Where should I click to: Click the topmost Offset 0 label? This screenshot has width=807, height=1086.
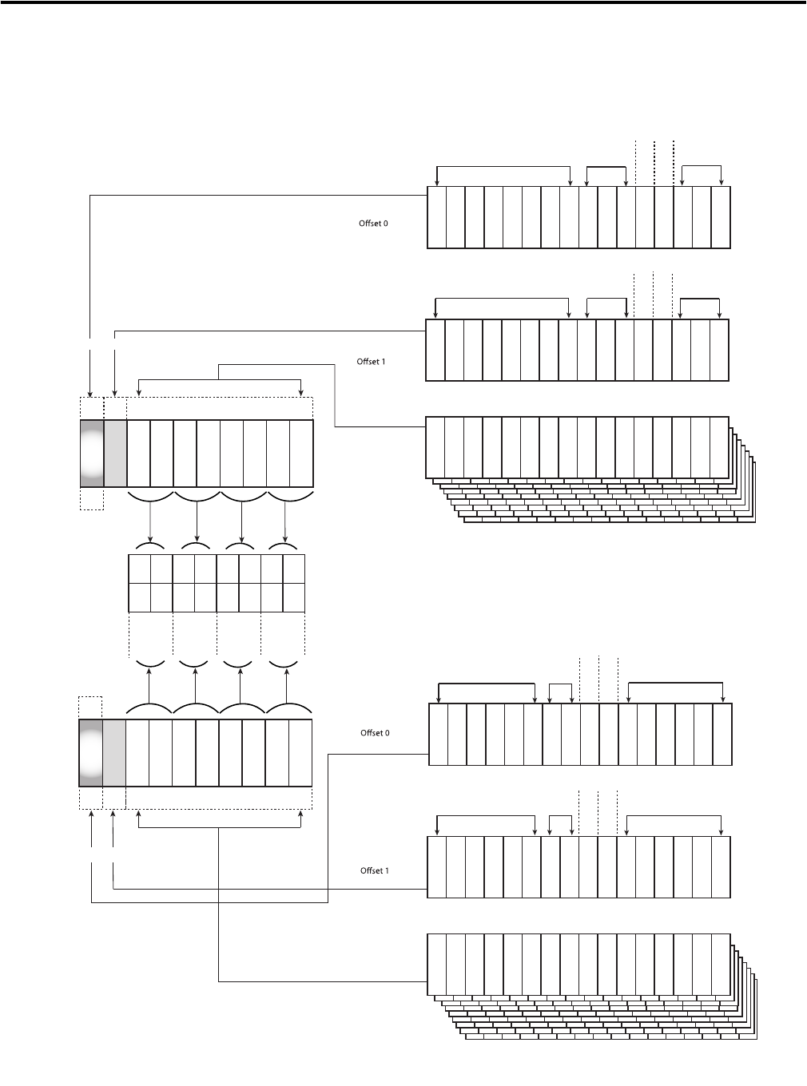(x=373, y=224)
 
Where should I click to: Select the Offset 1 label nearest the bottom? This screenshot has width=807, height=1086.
(x=374, y=870)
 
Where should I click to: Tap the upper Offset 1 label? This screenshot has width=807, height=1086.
(x=371, y=362)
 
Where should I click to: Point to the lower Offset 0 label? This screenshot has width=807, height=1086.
(x=375, y=733)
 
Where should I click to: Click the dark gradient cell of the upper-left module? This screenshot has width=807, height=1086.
(x=92, y=453)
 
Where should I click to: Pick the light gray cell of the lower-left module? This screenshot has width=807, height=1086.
(x=114, y=753)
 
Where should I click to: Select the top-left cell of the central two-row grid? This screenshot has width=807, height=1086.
(x=139, y=569)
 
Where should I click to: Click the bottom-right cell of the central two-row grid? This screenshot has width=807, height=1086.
(x=294, y=597)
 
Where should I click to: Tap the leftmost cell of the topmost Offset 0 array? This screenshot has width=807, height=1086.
(x=436, y=217)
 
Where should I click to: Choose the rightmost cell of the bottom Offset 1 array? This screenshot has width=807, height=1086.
(x=721, y=867)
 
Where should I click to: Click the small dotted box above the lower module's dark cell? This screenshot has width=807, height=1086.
(x=90, y=707)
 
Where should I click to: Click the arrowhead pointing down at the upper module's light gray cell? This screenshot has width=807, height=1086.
(x=115, y=393)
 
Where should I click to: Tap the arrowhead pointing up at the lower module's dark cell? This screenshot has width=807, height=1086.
(x=92, y=813)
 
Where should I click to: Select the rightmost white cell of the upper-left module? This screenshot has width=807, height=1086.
(x=301, y=453)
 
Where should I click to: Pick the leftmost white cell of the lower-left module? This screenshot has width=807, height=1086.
(x=137, y=753)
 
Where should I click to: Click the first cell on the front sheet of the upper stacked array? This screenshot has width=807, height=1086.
(x=435, y=447)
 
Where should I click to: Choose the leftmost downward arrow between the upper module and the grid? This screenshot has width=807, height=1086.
(x=150, y=521)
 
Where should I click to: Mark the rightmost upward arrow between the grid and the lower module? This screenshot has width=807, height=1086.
(x=288, y=683)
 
